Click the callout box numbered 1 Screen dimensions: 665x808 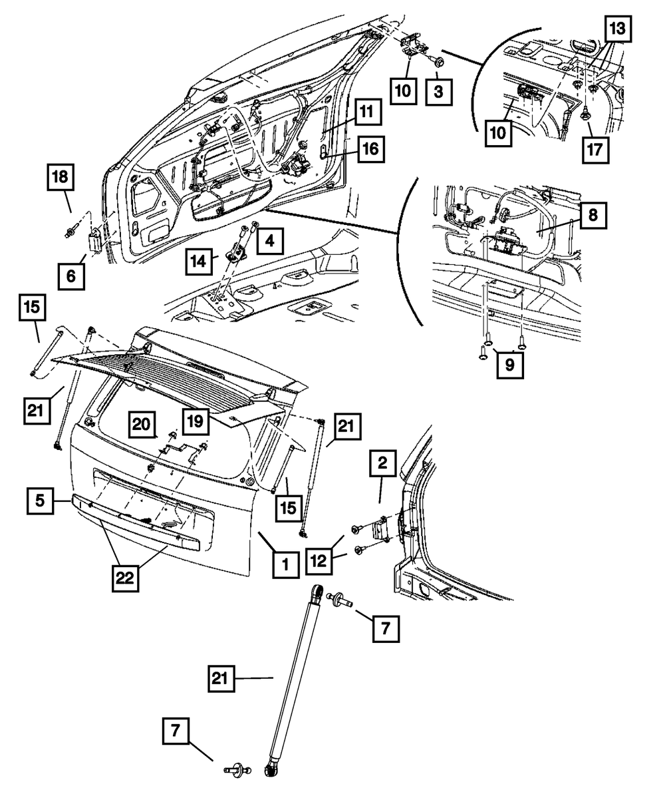click(x=286, y=564)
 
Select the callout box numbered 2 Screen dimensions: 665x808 click(x=383, y=463)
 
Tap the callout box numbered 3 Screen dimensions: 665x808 click(x=438, y=92)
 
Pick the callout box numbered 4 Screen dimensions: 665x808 click(x=270, y=241)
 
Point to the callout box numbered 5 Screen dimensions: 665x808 click(x=40, y=501)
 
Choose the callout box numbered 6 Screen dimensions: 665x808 click(x=71, y=276)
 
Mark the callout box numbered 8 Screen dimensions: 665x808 click(x=593, y=215)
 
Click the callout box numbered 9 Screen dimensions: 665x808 click(x=510, y=365)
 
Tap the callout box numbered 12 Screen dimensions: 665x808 click(x=319, y=561)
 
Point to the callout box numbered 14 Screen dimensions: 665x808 click(x=199, y=262)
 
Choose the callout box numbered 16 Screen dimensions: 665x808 click(x=371, y=149)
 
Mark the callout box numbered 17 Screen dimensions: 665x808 click(x=595, y=150)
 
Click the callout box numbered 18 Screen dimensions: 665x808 click(x=61, y=177)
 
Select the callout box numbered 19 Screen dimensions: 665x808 click(x=196, y=421)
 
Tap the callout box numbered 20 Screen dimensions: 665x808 click(x=142, y=424)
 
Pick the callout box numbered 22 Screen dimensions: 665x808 click(x=125, y=578)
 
